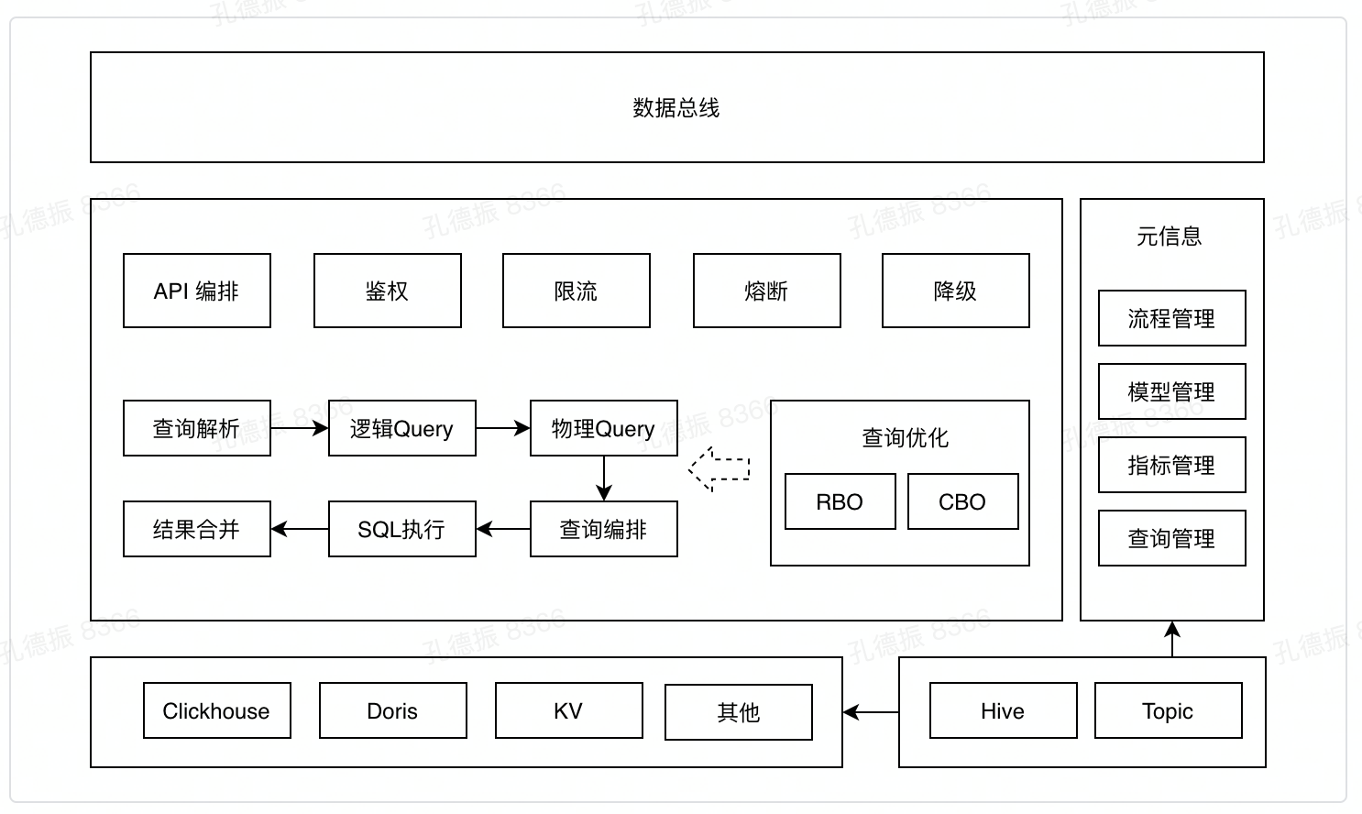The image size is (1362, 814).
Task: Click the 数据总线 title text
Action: (676, 108)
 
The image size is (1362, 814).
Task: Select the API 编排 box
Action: (197, 291)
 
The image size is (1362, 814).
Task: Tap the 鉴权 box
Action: (388, 291)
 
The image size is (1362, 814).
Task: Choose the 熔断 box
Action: (767, 291)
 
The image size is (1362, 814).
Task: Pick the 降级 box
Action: (956, 291)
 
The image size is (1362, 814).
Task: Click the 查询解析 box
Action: (197, 428)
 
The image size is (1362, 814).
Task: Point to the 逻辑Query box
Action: (402, 428)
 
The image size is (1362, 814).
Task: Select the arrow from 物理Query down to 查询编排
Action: (604, 478)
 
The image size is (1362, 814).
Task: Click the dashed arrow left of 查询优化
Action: (719, 468)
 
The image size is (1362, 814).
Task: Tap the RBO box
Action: (840, 501)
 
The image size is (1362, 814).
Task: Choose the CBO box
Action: (963, 501)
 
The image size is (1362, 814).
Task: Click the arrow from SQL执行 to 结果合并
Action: (300, 529)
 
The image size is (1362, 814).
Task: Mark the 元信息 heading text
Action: (1170, 236)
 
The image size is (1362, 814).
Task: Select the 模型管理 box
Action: (1172, 391)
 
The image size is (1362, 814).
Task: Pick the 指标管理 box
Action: (1172, 465)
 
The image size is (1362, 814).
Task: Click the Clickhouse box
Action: (217, 710)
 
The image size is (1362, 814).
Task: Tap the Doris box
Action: (393, 710)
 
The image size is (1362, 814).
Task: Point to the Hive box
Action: (1004, 710)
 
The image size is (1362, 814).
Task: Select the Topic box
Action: (1169, 710)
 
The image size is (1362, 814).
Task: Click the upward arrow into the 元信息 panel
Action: (1172, 639)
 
